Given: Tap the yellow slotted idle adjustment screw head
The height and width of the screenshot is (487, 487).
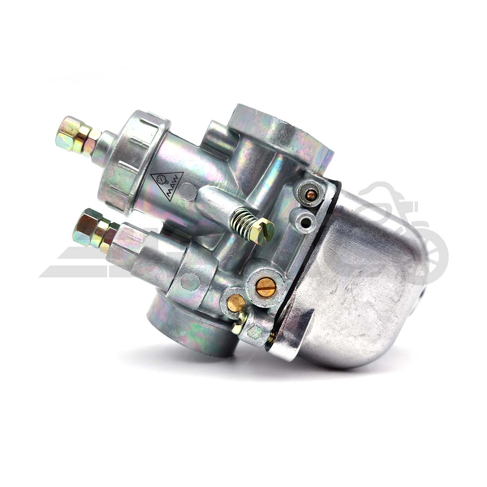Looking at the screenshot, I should [x=263, y=231].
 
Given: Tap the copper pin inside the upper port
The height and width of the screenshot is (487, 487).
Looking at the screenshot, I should [x=311, y=195].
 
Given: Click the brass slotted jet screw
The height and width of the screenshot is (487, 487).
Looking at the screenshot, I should [x=266, y=287].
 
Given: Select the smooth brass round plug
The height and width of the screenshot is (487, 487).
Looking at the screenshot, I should [x=236, y=303].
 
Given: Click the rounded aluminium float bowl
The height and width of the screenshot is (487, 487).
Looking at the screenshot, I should [x=362, y=284].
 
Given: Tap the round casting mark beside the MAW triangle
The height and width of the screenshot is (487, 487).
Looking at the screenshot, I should [x=187, y=192].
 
